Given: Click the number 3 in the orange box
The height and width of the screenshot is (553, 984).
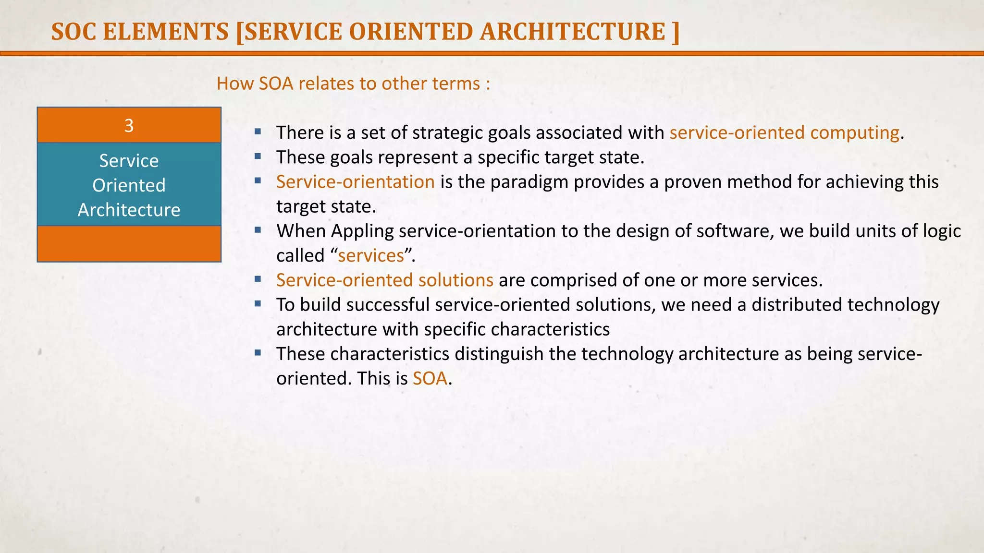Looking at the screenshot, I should (129, 126).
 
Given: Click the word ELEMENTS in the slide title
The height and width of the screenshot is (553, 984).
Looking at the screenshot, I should (166, 32).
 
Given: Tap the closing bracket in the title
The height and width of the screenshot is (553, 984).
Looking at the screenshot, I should (676, 32).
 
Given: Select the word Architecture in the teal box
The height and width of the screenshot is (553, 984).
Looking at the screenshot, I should (129, 210).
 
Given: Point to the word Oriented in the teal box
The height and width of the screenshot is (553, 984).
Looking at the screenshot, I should (129, 185).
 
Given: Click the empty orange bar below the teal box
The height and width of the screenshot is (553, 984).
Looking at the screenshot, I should (129, 244).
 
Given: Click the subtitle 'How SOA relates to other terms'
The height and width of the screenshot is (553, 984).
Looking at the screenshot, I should (353, 84).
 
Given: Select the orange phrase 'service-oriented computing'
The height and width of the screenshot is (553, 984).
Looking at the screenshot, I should (784, 132).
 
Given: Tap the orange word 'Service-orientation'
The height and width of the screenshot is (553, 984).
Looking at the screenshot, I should (355, 182).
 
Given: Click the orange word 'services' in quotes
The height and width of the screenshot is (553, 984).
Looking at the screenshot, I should (371, 255).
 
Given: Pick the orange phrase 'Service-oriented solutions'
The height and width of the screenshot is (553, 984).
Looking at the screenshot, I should (384, 280).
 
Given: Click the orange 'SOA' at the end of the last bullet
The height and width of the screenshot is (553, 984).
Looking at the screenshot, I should (430, 378).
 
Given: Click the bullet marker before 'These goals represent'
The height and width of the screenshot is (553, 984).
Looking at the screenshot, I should (258, 156).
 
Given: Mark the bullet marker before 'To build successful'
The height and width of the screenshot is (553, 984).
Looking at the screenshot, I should (258, 303).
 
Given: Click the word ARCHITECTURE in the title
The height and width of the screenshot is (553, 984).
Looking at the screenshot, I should (572, 32).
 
